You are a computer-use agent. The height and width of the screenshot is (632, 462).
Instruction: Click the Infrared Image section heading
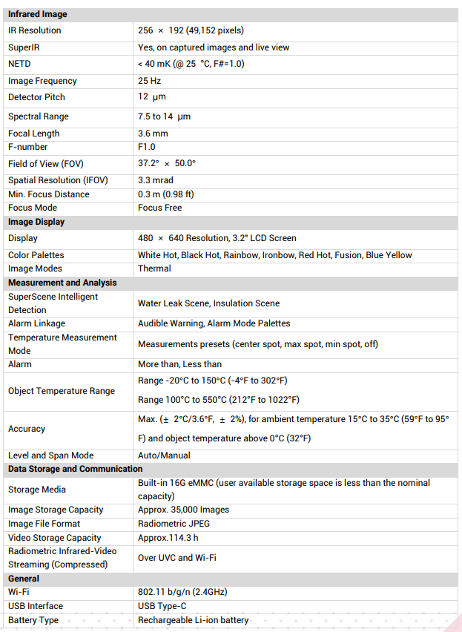tap(37, 14)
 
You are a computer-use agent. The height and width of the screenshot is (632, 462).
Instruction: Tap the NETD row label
tap(19, 64)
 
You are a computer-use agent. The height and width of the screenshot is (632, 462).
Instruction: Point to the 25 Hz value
tap(149, 81)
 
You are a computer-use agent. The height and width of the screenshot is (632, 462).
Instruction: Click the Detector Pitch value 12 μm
tap(152, 97)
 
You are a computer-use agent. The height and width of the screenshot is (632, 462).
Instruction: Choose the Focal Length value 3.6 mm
tap(153, 134)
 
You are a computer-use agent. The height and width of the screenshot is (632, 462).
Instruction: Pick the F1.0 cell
tap(147, 147)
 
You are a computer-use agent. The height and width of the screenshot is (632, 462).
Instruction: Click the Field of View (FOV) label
tap(45, 164)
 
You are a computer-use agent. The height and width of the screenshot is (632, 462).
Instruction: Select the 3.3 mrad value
tap(156, 180)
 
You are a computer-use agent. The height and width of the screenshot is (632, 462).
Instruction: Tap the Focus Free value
tap(159, 208)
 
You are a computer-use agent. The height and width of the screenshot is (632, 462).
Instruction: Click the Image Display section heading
tap(36, 222)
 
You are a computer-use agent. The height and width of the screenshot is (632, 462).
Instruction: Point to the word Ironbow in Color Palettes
tap(278, 255)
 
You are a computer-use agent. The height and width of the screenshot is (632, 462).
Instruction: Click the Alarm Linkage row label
tap(36, 323)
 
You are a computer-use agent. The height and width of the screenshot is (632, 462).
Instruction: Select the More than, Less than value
tap(179, 364)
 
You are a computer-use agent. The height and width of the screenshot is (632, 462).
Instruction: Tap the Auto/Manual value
tap(164, 455)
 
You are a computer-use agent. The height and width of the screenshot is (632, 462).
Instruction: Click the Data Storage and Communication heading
tap(75, 469)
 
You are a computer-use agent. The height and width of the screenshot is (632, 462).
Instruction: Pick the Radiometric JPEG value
tap(174, 524)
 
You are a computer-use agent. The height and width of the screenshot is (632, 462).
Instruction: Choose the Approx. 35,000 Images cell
tap(183, 510)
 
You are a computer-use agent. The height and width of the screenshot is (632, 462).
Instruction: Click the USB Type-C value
tap(162, 606)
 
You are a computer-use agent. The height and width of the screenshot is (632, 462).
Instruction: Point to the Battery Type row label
tap(33, 620)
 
